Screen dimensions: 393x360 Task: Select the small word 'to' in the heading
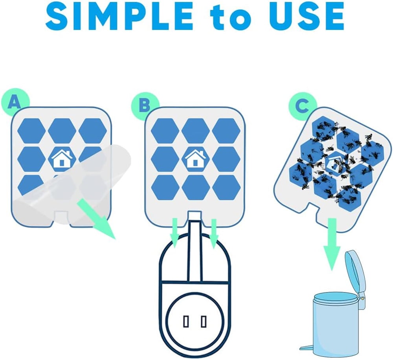point(230,18)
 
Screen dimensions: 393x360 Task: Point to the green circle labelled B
point(145,105)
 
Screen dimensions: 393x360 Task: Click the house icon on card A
point(62,158)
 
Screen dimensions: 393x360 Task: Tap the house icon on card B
point(195,158)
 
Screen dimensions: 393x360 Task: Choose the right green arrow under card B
point(213,234)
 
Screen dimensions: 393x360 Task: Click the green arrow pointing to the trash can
point(332,244)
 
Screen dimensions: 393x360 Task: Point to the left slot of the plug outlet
point(186,321)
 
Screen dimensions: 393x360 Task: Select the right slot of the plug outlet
point(204,321)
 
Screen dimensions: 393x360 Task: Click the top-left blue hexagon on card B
point(165,131)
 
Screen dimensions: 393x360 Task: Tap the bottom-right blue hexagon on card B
point(226,187)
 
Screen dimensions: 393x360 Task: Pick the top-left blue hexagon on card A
point(31,130)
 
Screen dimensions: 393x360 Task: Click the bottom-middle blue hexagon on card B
point(196,187)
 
